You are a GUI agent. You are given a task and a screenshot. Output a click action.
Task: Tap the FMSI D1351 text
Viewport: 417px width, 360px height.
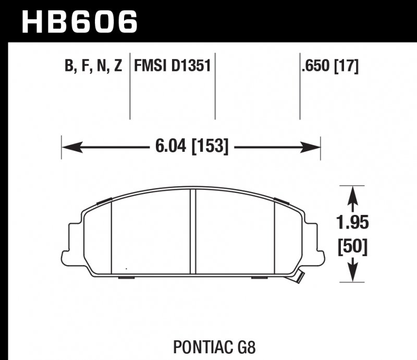click(171, 67)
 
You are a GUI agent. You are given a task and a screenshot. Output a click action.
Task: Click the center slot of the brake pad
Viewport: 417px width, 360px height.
click(192, 232)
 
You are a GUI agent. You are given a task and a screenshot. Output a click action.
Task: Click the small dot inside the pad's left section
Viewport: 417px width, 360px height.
click(126, 269)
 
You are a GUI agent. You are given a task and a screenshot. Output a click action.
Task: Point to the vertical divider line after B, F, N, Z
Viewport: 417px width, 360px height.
click(129, 89)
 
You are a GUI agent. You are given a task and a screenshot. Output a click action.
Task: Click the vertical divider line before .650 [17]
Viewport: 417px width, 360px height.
click(300, 89)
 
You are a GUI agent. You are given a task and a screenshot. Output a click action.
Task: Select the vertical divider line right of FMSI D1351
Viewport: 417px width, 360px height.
click(215, 89)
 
